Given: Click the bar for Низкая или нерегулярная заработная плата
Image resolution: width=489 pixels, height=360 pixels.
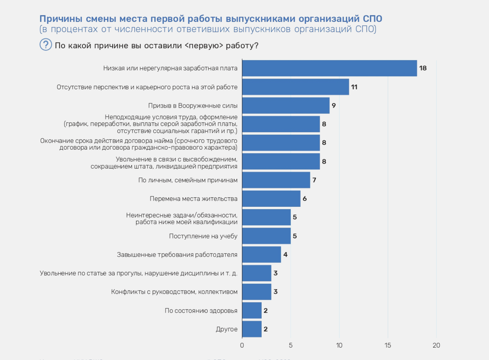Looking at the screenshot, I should pyautogui.click(x=329, y=68).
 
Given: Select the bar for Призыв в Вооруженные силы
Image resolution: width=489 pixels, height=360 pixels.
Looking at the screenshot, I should pyautogui.click(x=286, y=105).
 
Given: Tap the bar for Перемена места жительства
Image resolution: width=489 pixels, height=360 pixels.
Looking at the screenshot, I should pyautogui.click(x=271, y=199).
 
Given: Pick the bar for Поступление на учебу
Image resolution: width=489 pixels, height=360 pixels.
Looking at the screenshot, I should pyautogui.click(x=266, y=236).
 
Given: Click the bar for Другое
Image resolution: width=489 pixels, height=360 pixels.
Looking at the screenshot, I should pyautogui.click(x=252, y=329).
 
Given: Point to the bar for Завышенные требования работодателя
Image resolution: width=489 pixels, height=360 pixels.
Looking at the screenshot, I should pyautogui.click(x=262, y=255).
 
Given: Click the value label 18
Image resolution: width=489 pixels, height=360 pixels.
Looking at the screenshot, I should pyautogui.click(x=423, y=68).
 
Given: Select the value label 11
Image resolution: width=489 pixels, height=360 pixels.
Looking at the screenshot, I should pyautogui.click(x=354, y=87).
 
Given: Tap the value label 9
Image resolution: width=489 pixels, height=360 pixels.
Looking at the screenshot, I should pyautogui.click(x=334, y=105).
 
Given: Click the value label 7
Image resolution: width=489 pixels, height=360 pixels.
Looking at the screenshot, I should pyautogui.click(x=314, y=180).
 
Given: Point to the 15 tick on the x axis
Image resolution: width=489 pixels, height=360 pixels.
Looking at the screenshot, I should pyautogui.click(x=388, y=345).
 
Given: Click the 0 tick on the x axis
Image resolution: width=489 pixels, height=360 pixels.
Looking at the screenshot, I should pyautogui.click(x=242, y=345).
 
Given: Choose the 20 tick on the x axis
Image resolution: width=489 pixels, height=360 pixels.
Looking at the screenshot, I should pyautogui.click(x=436, y=345).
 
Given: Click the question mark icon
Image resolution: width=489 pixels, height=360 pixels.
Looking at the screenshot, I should pyautogui.click(x=46, y=45).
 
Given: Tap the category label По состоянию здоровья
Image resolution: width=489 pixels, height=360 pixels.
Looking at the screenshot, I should pyautogui.click(x=201, y=311).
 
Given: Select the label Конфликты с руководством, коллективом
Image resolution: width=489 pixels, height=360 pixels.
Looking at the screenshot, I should pyautogui.click(x=174, y=292).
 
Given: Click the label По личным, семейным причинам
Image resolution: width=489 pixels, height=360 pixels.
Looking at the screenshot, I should pyautogui.click(x=188, y=180).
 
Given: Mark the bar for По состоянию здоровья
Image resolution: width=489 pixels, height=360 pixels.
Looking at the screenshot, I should pyautogui.click(x=252, y=310).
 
